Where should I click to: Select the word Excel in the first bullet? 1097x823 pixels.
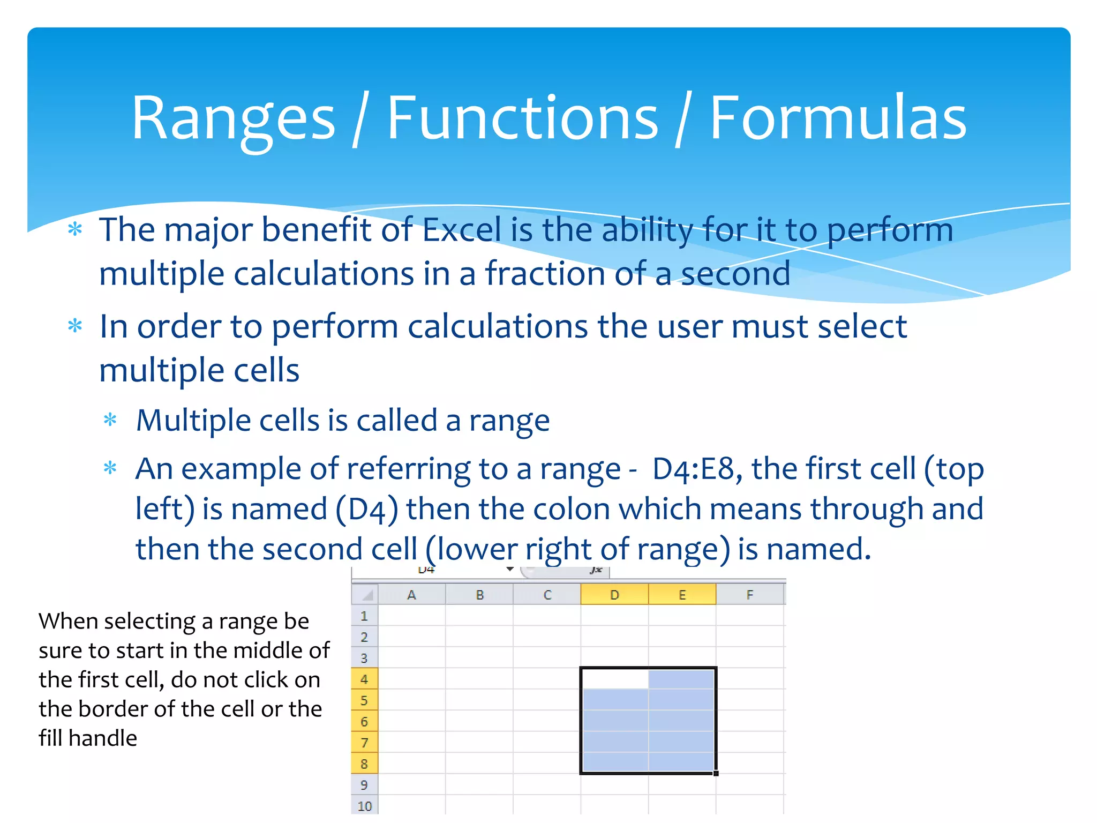click(462, 230)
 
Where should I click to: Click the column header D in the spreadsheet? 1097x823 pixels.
click(614, 595)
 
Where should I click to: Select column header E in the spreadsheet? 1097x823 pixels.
click(682, 595)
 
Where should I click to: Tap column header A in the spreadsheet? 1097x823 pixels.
click(411, 595)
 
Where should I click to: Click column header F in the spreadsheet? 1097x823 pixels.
click(749, 595)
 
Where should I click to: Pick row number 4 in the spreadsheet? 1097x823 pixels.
click(364, 679)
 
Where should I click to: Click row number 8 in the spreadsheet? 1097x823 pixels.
click(364, 764)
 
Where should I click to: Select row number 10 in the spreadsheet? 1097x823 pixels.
click(364, 806)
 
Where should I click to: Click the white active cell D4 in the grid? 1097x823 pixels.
click(614, 679)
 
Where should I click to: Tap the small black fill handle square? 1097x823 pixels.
click(716, 773)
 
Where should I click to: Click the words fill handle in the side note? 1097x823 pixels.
click(88, 738)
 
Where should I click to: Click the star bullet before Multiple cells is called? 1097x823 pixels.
click(110, 420)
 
